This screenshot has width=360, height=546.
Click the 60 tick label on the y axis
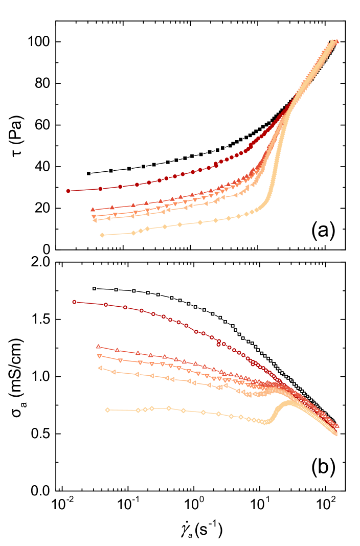point(42,125)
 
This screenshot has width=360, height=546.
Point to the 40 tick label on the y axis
point(42,167)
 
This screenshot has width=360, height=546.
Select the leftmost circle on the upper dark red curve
point(68,191)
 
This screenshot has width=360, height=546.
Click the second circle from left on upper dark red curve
point(100,189)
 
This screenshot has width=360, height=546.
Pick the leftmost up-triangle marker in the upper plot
point(93,209)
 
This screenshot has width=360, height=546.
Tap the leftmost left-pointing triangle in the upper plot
point(95,220)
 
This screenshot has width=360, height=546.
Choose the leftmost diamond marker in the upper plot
point(102,235)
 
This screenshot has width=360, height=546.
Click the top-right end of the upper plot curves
point(336,41)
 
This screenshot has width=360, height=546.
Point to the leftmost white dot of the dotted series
point(94,288)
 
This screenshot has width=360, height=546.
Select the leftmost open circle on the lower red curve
point(74,302)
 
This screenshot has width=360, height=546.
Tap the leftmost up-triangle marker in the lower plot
point(98,346)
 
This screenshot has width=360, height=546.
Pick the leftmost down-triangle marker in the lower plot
point(99,356)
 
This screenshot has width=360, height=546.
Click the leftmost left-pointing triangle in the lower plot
point(100,368)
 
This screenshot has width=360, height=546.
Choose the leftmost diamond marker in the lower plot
point(107,409)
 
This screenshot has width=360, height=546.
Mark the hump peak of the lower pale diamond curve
point(289,403)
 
